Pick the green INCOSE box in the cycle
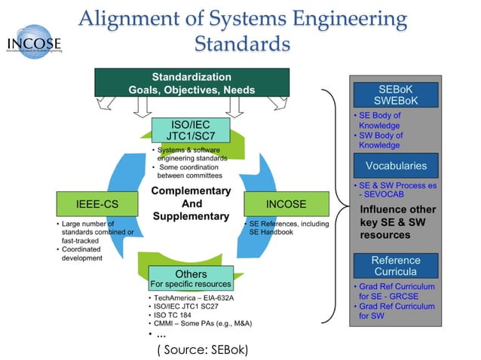tap(286, 203)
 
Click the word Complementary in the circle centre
tap(191, 191)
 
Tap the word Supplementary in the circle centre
tap(191, 216)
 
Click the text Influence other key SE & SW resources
tap(397, 222)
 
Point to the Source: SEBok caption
tap(202, 349)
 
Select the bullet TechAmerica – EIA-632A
tap(195, 298)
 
